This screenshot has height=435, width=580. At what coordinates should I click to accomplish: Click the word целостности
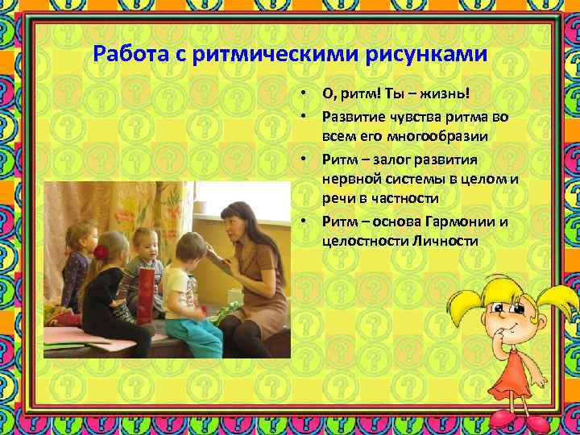[366, 241]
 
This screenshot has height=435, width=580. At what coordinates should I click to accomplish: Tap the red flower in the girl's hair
[101, 252]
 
